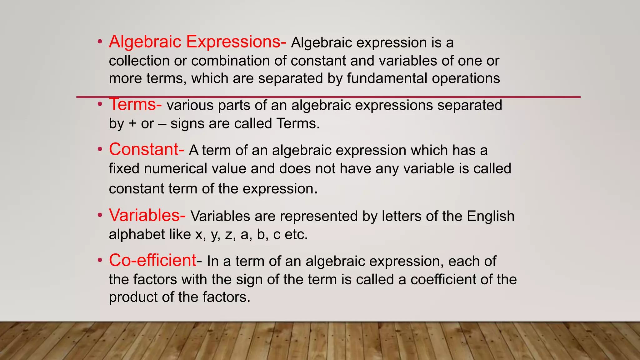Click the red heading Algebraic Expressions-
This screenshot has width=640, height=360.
(197, 42)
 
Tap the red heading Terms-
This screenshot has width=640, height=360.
(135, 105)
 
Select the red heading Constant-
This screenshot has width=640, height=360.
(146, 149)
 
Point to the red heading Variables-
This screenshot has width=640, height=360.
(147, 215)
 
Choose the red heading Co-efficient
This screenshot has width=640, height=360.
(152, 260)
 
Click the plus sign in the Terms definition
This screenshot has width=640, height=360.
(132, 124)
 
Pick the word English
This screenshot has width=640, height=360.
(490, 216)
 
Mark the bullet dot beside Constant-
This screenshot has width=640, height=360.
(100, 149)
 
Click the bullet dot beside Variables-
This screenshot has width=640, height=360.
(100, 215)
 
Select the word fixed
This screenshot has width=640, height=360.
(124, 168)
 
